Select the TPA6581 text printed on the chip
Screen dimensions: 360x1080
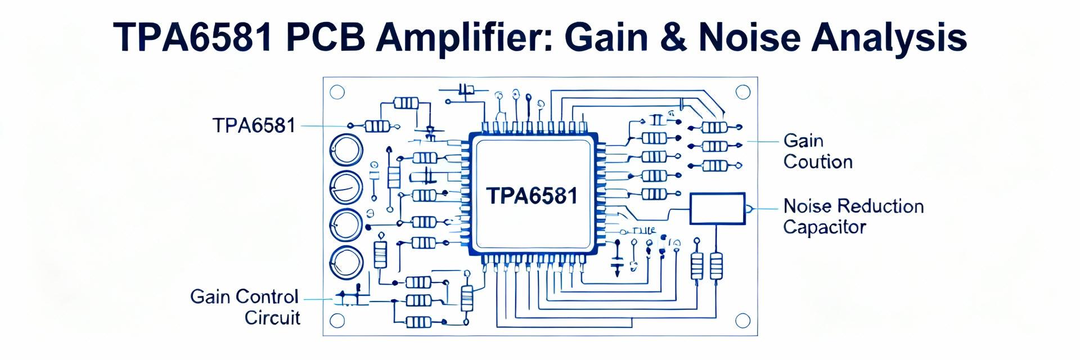[532, 196]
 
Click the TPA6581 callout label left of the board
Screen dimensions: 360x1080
[254, 125]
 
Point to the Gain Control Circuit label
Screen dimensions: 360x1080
[245, 307]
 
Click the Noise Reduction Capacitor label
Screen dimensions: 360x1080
[853, 217]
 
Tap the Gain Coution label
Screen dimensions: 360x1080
[817, 151]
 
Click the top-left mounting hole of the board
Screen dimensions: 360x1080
[337, 92]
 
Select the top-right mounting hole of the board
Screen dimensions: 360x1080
[742, 92]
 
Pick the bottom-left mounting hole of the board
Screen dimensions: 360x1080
[337, 321]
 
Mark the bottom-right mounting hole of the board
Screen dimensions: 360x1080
[742, 321]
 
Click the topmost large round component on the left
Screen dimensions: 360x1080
[346, 150]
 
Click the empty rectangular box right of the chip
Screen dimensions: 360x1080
[717, 209]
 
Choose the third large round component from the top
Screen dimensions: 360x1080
[346, 224]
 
